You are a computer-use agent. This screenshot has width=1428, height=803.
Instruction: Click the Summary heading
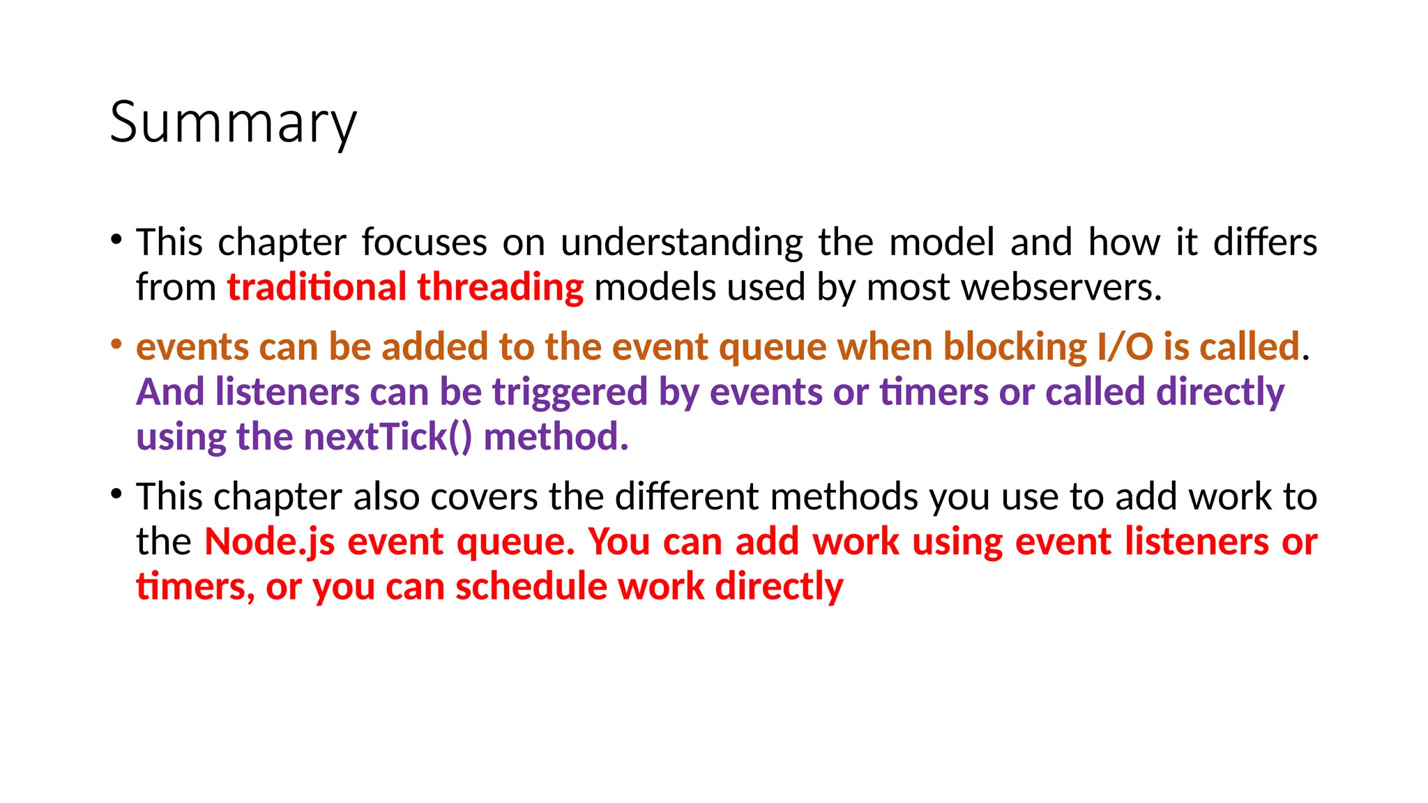point(233,123)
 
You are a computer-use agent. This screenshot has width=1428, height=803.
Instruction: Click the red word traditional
point(317,287)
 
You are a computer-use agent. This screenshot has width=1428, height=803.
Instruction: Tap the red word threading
point(500,287)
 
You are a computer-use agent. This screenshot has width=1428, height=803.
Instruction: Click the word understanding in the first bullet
point(682,243)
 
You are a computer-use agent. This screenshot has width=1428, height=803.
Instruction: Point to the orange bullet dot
point(116,344)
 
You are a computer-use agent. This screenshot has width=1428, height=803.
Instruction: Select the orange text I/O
point(1125,347)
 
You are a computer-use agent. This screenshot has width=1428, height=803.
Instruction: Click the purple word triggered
point(570,392)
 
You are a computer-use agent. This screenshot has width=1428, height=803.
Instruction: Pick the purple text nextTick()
point(388,437)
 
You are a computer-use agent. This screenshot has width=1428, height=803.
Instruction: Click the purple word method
point(556,437)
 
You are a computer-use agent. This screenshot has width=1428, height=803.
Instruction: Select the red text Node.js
point(270,542)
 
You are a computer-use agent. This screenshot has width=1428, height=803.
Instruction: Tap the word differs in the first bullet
point(1265,243)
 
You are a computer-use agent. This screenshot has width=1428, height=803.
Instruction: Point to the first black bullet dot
point(116,240)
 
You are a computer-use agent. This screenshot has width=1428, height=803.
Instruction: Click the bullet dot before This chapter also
point(116,494)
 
